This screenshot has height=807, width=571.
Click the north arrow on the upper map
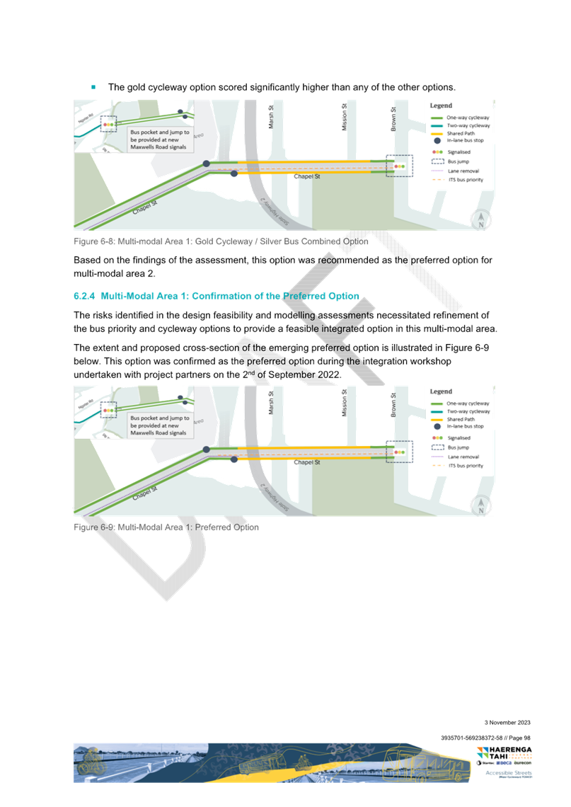[480, 219]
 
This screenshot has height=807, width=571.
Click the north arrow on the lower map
[480, 505]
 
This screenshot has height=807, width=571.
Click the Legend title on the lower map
[441, 391]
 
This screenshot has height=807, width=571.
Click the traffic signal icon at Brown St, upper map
[399, 166]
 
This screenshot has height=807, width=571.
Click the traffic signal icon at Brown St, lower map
[399, 452]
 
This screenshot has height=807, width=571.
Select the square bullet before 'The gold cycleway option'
[93, 86]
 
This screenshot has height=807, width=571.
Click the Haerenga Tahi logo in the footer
[503, 755]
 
